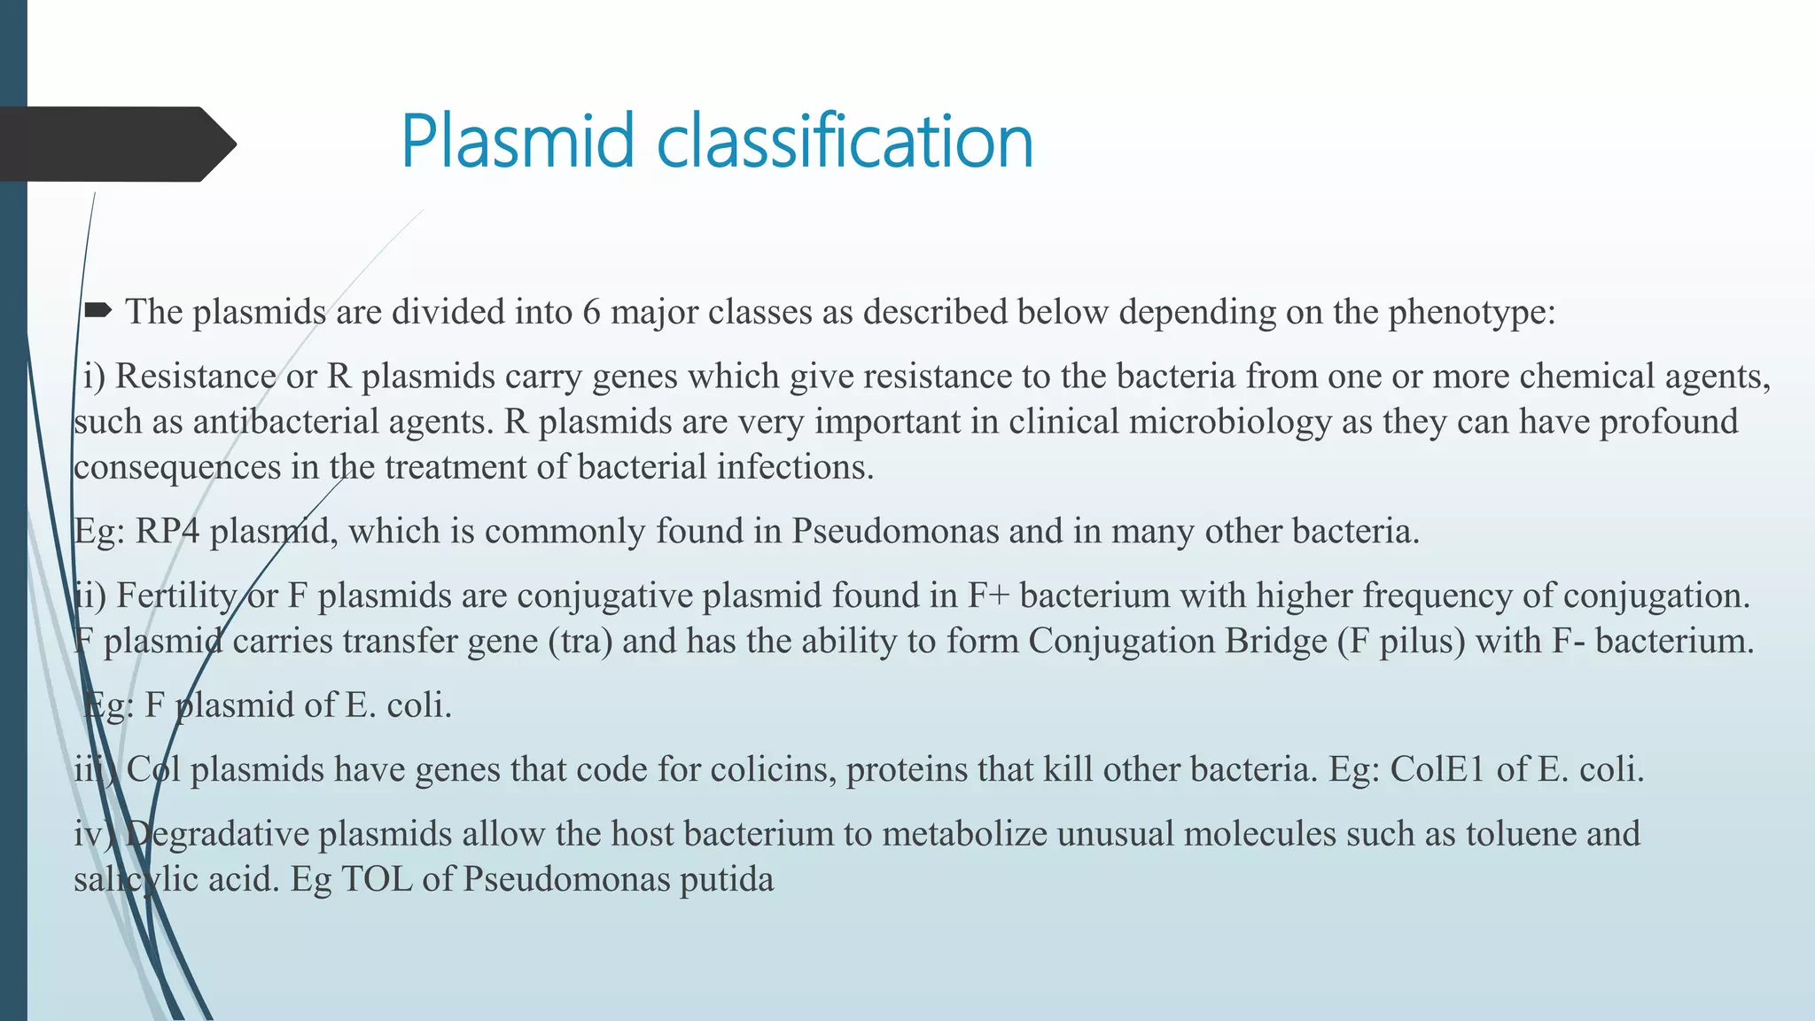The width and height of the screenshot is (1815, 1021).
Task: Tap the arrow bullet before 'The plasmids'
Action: tap(97, 310)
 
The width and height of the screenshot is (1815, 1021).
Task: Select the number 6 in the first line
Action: tap(591, 312)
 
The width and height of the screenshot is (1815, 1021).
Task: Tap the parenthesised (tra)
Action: tap(580, 641)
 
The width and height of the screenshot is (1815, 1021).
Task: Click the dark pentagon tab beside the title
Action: tap(115, 144)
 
